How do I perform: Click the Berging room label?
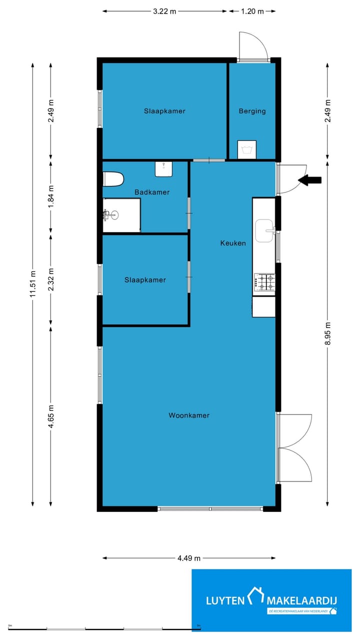tap(252, 111)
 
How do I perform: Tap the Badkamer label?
tap(152, 192)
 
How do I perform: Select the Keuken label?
tap(233, 243)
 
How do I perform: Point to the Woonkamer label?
tap(189, 415)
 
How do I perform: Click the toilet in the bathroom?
tap(113, 179)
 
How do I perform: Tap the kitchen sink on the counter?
tap(264, 230)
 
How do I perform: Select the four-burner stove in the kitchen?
tap(264, 282)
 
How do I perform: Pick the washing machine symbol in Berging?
tap(246, 149)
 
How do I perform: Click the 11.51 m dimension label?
tap(33, 284)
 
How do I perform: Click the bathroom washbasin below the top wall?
tap(164, 169)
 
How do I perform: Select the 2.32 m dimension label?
tap(51, 280)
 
